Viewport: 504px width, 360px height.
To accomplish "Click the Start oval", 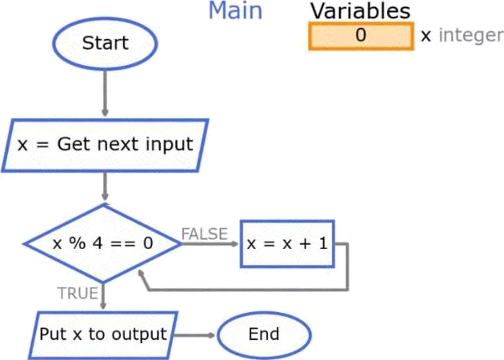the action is (105, 44).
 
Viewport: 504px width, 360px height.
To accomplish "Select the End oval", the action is (264, 334).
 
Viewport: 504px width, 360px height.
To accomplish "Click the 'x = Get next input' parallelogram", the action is (105, 146).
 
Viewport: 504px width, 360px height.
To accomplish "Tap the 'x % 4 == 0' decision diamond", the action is (102, 244).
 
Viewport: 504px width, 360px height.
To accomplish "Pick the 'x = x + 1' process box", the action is (287, 244).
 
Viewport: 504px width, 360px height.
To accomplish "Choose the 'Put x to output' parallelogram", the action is (103, 335).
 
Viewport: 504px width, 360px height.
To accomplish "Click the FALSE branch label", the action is (205, 234).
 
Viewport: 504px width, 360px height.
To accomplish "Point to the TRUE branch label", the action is (78, 293).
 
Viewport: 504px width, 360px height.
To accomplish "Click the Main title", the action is (236, 10).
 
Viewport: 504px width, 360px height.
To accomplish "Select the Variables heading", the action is (360, 11).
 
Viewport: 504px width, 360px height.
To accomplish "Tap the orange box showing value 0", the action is (361, 36).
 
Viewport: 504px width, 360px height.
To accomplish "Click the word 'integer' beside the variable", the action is (471, 35).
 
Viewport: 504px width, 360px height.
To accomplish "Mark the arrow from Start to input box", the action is (105, 94).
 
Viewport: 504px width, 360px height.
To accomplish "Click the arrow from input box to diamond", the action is (105, 186).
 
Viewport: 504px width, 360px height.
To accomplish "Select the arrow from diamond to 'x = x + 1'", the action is (210, 244).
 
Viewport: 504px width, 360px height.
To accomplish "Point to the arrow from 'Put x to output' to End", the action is (194, 335).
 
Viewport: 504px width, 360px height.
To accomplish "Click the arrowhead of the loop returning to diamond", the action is (141, 274).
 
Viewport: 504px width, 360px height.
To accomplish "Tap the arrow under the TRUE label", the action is (103, 296).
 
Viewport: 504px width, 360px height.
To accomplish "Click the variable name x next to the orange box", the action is (426, 36).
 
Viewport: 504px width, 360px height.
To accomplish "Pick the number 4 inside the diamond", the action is (98, 243).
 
